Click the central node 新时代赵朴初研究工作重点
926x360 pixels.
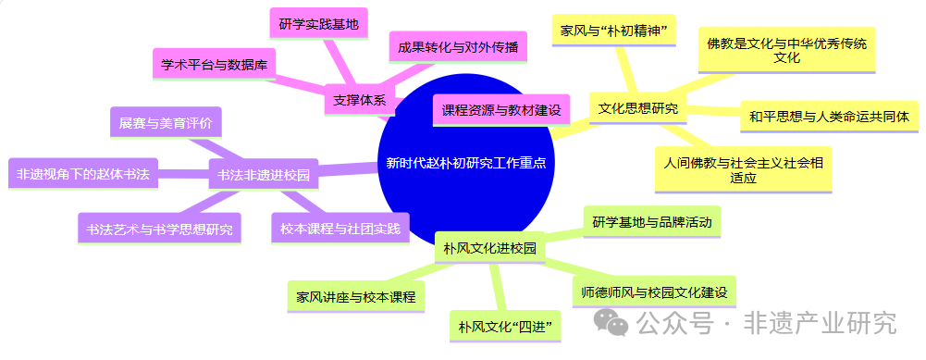point(465,163)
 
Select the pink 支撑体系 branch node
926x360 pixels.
point(360,101)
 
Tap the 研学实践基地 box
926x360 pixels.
point(317,24)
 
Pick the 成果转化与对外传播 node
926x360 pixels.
point(458,46)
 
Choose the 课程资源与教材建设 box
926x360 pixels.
point(500,110)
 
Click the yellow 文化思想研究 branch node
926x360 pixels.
point(637,108)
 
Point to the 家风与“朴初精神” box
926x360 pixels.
point(614,30)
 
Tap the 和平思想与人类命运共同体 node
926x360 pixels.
point(830,117)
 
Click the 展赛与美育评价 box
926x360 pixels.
point(165,123)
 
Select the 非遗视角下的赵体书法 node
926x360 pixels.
point(83,173)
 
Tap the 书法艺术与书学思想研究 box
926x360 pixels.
point(158,228)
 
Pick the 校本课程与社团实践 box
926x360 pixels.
point(340,228)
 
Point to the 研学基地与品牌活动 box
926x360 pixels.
point(651,222)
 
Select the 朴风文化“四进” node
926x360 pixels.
point(504,326)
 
